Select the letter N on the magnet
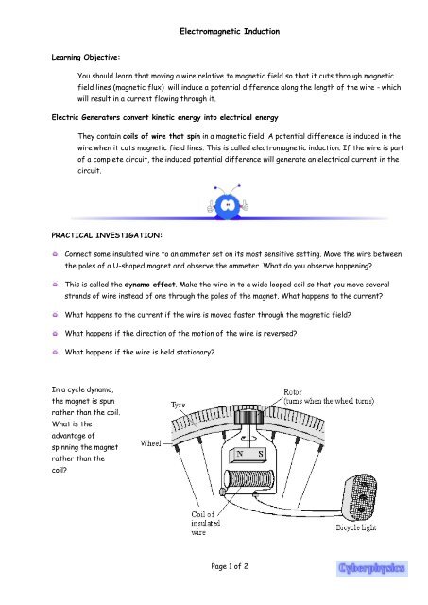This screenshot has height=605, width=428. tap(240, 452)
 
